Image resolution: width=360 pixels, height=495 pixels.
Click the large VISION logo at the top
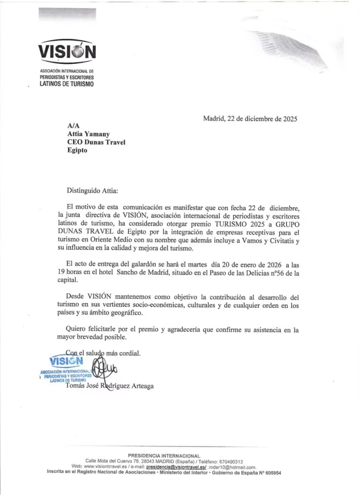coord(67,52)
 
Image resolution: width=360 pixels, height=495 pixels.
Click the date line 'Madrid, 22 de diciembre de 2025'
coord(250,118)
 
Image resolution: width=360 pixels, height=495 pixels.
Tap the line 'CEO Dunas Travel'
coord(96,142)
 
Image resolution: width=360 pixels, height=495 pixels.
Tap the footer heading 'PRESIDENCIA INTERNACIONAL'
coord(164,455)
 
